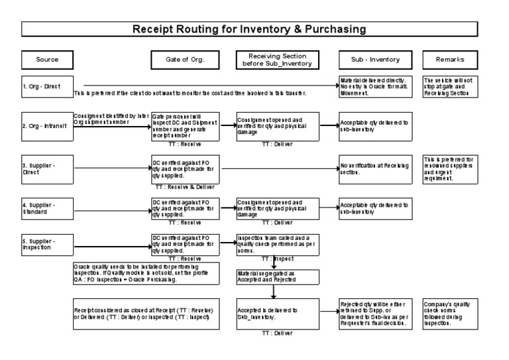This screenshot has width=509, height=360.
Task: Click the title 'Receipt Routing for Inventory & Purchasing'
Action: (258, 29)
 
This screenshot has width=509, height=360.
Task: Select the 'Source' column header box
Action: (47, 60)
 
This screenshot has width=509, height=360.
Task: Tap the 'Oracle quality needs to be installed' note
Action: (146, 273)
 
